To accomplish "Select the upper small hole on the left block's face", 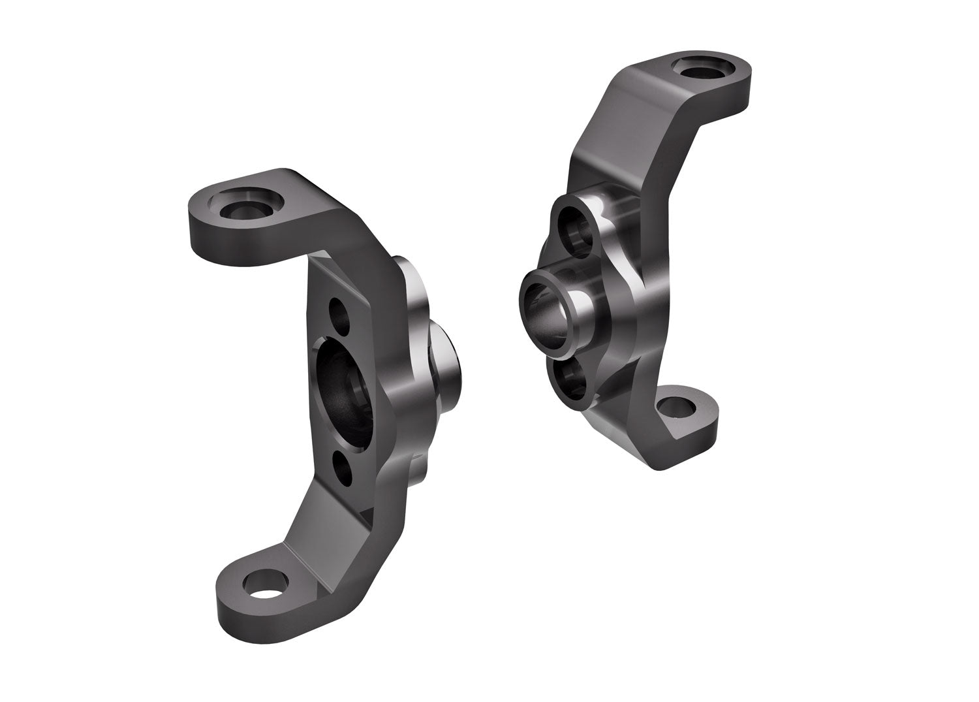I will pyautogui.click(x=338, y=308).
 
